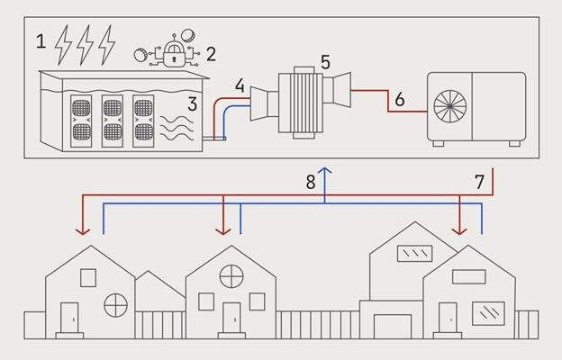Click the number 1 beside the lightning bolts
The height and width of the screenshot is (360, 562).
point(40,40)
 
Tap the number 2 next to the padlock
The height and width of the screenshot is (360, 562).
point(211,52)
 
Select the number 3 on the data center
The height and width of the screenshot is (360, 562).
point(192,103)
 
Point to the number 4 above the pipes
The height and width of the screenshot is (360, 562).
point(239,86)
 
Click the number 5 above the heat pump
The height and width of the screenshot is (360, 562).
point(325,62)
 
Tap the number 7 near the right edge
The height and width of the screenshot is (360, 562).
point(480,181)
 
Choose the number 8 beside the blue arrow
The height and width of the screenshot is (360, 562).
point(311,181)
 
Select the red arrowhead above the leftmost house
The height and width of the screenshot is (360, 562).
point(83,231)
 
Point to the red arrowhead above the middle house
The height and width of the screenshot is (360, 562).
point(223,231)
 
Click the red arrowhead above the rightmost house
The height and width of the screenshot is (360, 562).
point(461,231)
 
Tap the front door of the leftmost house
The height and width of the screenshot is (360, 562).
point(68,317)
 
